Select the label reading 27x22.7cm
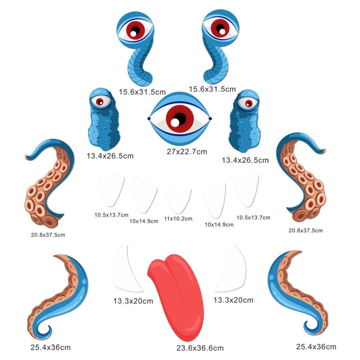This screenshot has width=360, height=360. (187, 152)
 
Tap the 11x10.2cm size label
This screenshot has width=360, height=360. (178, 218)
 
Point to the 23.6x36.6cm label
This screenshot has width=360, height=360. (200, 348)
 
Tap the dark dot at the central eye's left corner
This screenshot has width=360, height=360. (149, 119)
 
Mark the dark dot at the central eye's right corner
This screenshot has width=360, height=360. (210, 119)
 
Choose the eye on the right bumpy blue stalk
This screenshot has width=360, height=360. (246, 103)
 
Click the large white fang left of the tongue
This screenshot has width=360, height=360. (126, 269)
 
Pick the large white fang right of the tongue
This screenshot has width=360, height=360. (231, 269)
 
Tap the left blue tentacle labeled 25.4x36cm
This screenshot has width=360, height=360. (61, 297)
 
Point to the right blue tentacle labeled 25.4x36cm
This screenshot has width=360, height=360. (295, 295)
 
